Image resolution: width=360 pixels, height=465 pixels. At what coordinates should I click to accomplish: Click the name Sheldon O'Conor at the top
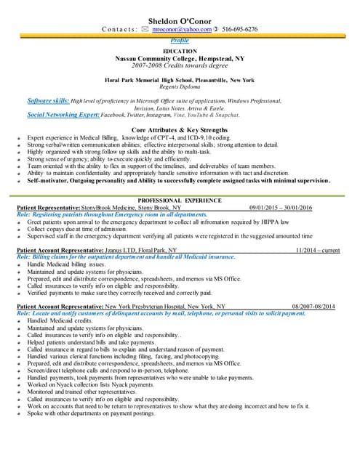point(180,18)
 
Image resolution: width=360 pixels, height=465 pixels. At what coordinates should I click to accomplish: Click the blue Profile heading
point(180,41)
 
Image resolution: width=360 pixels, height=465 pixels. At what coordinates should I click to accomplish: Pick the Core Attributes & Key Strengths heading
point(180,129)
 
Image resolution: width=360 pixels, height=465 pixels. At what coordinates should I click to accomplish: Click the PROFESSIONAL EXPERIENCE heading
point(180,200)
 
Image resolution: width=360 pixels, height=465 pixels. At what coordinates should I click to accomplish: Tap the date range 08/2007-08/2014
point(313,307)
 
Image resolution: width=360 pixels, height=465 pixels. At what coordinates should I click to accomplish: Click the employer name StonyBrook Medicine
point(126,208)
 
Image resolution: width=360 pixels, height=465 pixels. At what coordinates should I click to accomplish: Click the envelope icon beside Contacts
point(145,30)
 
